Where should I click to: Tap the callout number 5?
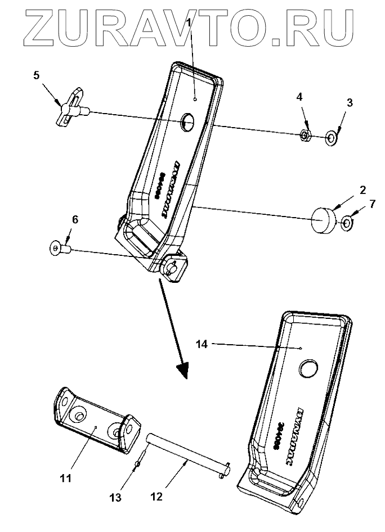tap(37, 76)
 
